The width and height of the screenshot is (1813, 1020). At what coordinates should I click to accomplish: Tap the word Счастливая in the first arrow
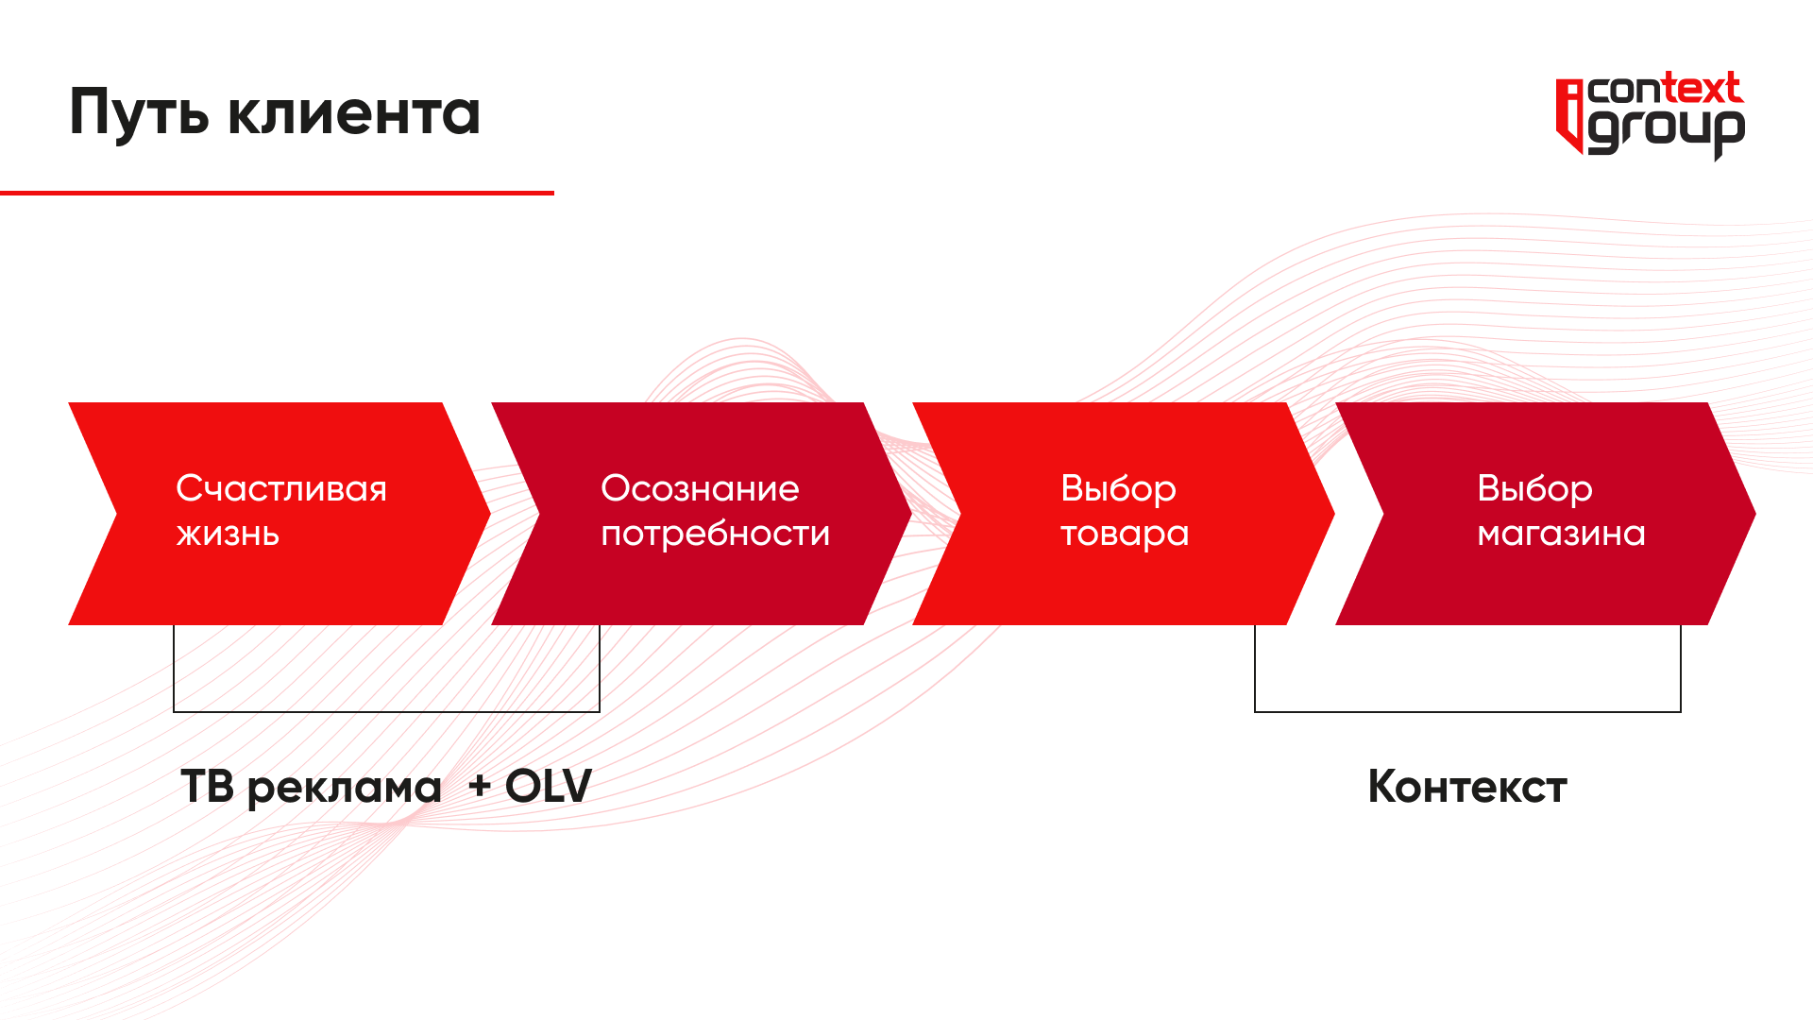tap(281, 489)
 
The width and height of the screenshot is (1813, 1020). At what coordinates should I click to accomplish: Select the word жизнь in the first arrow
tap(228, 535)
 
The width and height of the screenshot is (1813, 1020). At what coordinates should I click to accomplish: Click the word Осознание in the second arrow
tap(700, 489)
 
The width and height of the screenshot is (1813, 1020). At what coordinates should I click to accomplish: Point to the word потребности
tap(716, 535)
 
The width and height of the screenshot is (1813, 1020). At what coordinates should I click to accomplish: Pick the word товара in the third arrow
tap(1125, 535)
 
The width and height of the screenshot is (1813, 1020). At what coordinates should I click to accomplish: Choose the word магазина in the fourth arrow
tap(1561, 535)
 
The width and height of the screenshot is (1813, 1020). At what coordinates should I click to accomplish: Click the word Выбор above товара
tap(1118, 489)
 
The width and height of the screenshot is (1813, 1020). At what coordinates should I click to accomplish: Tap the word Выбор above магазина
tap(1534, 489)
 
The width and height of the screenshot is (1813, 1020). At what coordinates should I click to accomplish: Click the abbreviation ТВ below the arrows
tap(208, 787)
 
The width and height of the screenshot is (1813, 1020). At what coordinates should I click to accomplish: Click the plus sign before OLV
tap(480, 786)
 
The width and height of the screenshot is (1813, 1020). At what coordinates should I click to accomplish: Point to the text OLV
tap(549, 787)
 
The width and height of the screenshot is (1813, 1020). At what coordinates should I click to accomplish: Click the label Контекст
tap(1467, 787)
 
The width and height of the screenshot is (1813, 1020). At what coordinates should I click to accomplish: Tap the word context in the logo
tap(1665, 89)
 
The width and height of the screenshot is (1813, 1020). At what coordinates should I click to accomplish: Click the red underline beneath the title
tap(277, 193)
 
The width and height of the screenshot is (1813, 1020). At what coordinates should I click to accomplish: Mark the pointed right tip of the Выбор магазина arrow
tap(1755, 514)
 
